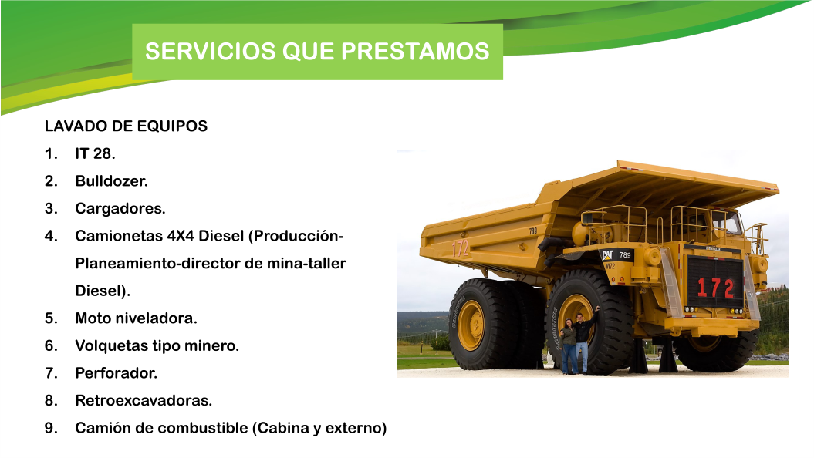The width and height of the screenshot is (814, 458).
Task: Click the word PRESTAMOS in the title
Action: click(415, 52)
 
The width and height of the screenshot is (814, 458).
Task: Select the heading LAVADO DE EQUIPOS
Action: click(126, 126)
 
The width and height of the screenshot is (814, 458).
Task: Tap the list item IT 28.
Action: click(95, 153)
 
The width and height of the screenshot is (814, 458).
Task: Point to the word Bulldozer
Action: click(111, 181)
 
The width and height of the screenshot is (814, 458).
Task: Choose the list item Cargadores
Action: click(120, 208)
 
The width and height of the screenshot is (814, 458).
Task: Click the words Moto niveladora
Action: click(137, 318)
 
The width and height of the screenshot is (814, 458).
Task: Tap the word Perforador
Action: click(116, 373)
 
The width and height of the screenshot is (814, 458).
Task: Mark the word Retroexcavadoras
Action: click(144, 401)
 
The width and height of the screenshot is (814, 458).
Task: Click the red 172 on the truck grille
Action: click(715, 288)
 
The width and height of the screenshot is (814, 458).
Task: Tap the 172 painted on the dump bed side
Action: click(461, 248)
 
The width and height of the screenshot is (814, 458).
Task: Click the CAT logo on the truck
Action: click(607, 255)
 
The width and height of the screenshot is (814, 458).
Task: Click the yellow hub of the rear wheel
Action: click(471, 325)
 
